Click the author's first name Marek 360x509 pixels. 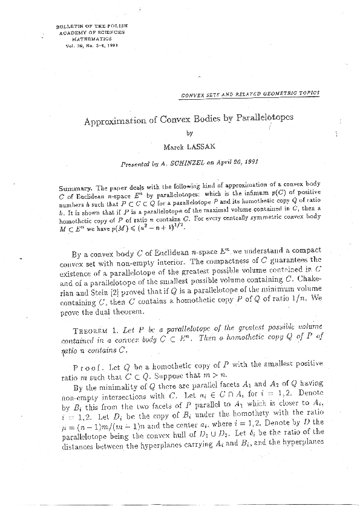point(174,147)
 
